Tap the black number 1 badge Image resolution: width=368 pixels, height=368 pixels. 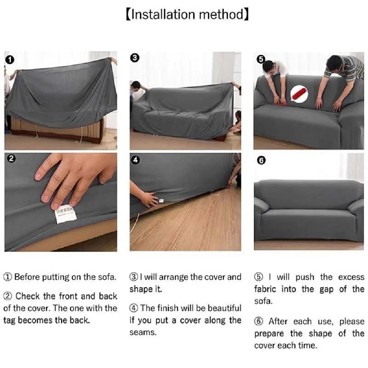[10, 59]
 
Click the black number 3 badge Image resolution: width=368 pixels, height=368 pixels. [135, 58]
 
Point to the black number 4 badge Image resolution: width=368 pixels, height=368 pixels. [135, 160]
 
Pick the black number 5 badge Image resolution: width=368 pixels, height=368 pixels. [261, 59]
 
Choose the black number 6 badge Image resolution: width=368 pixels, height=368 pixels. [261, 161]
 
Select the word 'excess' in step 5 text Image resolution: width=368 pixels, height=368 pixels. [351, 277]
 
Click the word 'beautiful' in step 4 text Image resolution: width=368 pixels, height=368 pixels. [218, 308]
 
